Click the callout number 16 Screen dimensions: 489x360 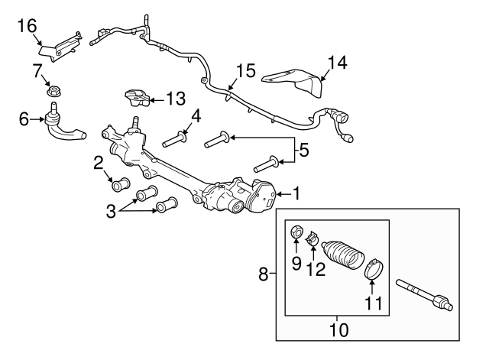coord(28,25)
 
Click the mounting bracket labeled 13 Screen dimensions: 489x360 coord(138,98)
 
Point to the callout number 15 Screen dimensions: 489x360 coord(246,70)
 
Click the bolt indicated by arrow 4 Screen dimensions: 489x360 coord(175,140)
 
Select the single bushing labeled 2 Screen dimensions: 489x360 coord(121,185)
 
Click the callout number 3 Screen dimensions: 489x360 coord(111,211)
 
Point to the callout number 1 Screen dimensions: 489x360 coord(296,193)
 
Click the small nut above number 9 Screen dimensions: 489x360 coord(296,232)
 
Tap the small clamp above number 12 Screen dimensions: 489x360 coord(312,239)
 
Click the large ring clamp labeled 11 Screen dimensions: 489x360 coord(374,269)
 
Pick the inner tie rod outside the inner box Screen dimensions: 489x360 coord(425,295)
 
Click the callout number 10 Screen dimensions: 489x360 coord(338,330)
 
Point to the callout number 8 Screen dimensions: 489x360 coord(264,274)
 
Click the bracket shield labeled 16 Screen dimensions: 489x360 coord(61,47)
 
